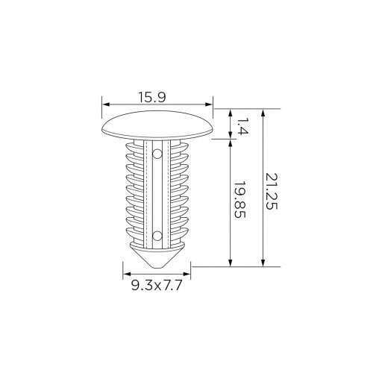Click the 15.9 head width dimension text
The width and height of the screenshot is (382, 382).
tap(152, 97)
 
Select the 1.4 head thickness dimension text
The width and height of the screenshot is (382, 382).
tap(242, 126)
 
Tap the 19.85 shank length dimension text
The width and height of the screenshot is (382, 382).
tap(240, 200)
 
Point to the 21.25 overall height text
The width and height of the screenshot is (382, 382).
tap(271, 192)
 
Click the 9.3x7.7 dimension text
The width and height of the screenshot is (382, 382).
tap(157, 285)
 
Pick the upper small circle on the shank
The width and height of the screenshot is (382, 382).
tap(157, 154)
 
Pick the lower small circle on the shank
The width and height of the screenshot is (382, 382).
tap(157, 236)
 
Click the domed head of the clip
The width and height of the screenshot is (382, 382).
tap(157, 125)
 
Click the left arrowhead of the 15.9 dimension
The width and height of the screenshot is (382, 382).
tap(106, 104)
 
